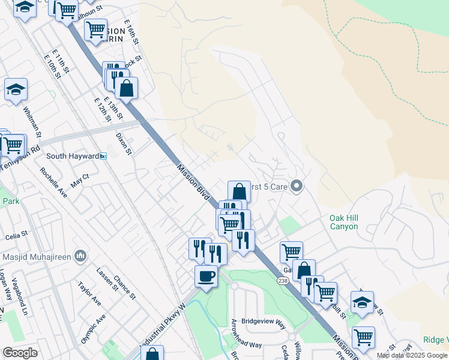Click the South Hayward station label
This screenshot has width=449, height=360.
tap(73, 156)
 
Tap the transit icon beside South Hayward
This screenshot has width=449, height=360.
tap(103, 156)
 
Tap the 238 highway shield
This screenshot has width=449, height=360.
tap(282, 280)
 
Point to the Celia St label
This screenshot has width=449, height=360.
tap(16, 233)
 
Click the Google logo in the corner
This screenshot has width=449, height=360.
tap(20, 352)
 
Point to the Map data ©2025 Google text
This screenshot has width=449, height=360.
tap(411, 355)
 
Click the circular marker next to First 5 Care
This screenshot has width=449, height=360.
tap(295, 187)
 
